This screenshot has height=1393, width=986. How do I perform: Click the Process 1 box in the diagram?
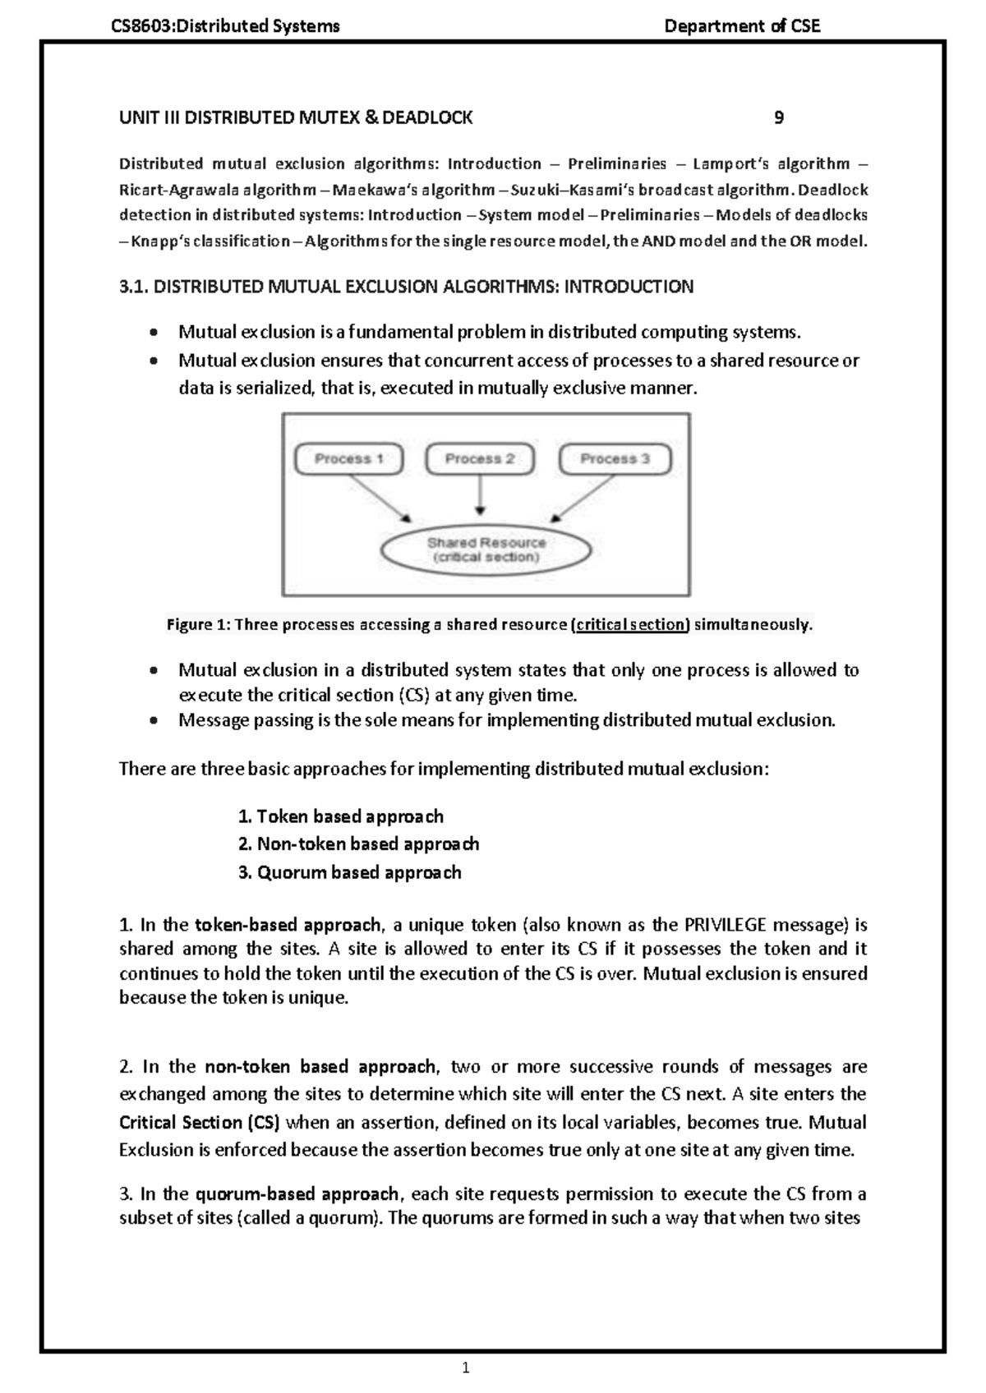pos(348,459)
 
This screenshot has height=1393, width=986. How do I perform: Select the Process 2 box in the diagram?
pos(480,459)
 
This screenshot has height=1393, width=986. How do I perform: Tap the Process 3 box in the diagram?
pos(615,459)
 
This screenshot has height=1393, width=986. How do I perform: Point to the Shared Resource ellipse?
pos(486,549)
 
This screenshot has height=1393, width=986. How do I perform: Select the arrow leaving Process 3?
pos(585,498)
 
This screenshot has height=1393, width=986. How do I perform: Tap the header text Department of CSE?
pos(741,26)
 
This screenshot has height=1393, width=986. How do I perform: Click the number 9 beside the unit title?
pos(779,117)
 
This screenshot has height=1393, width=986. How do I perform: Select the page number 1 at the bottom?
pos(466,1368)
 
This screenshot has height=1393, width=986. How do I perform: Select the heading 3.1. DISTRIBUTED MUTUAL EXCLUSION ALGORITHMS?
pos(406,287)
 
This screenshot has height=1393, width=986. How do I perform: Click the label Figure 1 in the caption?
pos(198,625)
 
